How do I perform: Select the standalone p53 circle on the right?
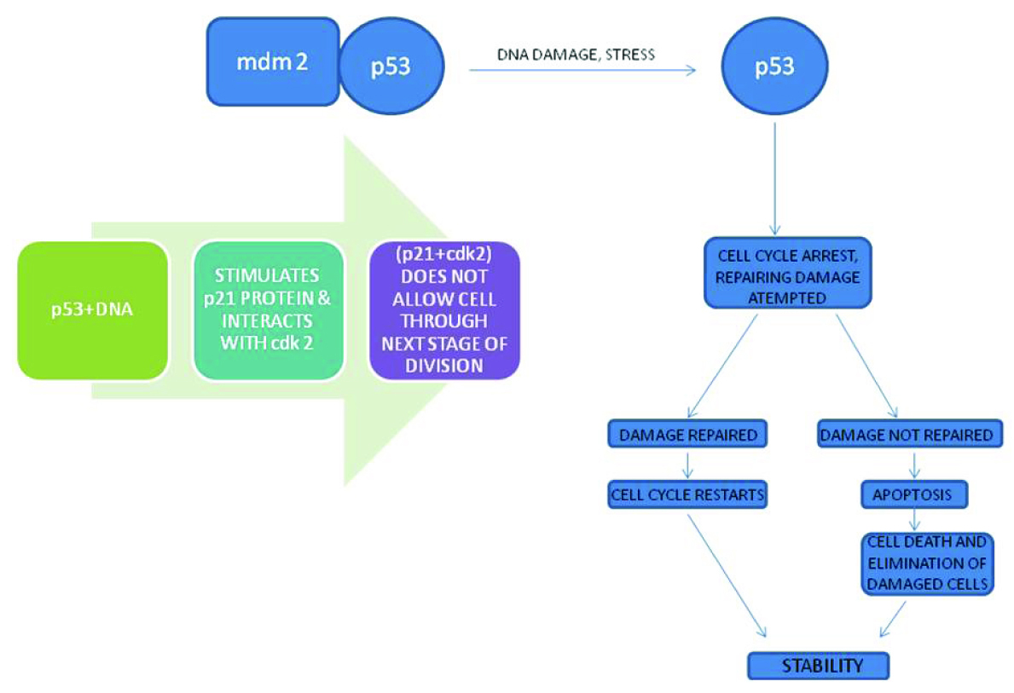pos(774,67)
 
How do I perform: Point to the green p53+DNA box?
pos(92,311)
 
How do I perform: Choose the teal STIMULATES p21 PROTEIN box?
pos(269,311)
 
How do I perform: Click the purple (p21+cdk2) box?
pos(443,311)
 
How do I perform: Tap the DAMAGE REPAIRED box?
pos(687,435)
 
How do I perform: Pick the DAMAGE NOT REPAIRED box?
pos(906,435)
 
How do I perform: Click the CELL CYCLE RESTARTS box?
pos(687,494)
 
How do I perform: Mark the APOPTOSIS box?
pos(913,494)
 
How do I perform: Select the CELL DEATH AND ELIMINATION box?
pos(926,563)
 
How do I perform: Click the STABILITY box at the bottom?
pos(817,666)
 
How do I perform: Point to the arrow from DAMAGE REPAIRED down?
pos(687,464)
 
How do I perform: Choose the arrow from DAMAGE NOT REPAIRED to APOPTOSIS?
pos(914,464)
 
